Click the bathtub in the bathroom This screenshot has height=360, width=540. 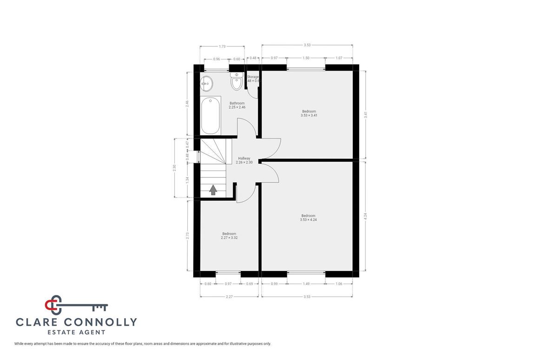[x=211, y=115]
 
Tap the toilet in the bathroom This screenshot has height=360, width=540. [x=237, y=82]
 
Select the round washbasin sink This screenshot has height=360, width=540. [x=206, y=84]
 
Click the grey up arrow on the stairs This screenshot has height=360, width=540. [x=213, y=190]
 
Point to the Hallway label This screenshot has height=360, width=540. [x=244, y=158]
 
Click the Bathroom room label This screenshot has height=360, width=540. [x=237, y=103]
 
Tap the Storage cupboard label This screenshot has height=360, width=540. [x=253, y=77]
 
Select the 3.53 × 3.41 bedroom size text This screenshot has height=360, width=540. [x=309, y=115]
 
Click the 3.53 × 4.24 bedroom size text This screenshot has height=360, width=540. [x=308, y=219]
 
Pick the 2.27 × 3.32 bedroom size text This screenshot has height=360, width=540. [x=229, y=237]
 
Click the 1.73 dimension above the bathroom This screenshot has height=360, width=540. [x=222, y=46]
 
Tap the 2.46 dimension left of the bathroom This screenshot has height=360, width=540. [x=187, y=104]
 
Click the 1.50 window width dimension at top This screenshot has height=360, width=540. [x=306, y=59]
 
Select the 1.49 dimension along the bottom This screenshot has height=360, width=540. [x=306, y=283]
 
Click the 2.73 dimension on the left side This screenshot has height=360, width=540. [x=187, y=236]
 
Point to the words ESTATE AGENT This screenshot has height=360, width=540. [x=76, y=332]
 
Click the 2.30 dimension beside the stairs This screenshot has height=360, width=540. [x=174, y=168]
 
